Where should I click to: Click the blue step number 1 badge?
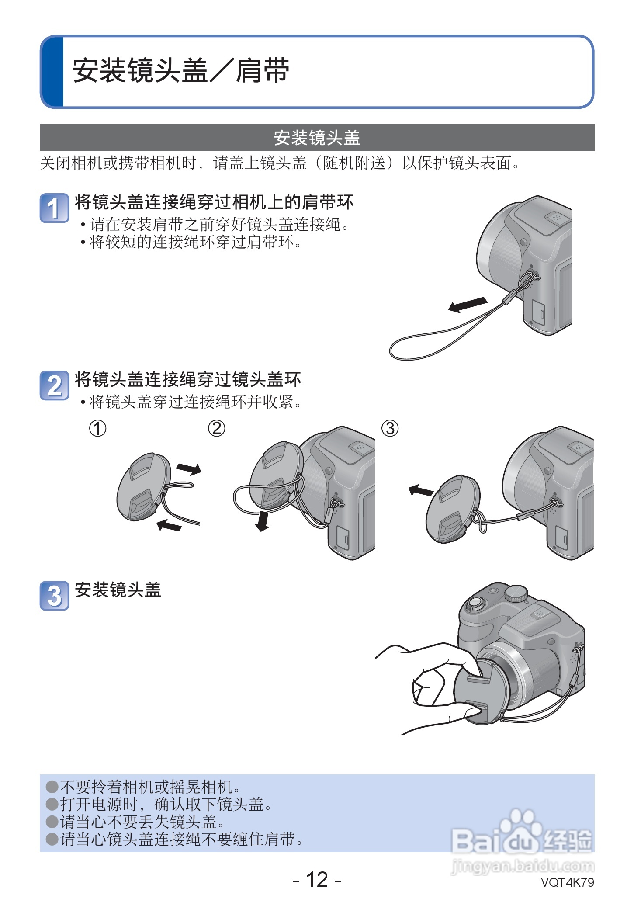[54, 208]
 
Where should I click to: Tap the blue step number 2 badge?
[54, 385]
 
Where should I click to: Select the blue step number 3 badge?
[54, 595]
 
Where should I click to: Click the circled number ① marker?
[97, 428]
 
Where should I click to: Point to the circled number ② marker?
[216, 428]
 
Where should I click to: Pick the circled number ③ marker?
[390, 428]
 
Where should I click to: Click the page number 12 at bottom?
[317, 879]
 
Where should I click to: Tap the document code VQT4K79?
[567, 882]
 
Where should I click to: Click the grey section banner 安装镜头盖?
[317, 138]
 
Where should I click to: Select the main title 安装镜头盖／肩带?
[181, 71]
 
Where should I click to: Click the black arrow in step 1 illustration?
[468, 304]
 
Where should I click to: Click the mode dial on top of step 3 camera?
[516, 593]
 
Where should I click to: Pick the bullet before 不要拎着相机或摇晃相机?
[52, 787]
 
